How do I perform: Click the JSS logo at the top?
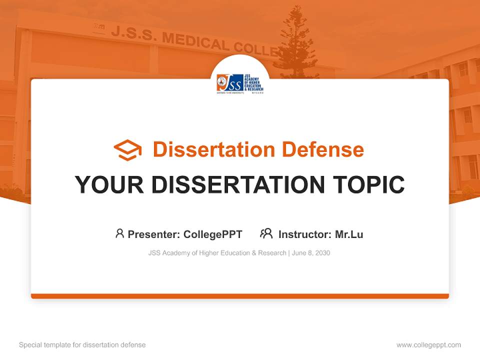point(240,83)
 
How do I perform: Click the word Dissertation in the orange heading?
point(214,149)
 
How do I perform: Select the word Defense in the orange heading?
point(322,149)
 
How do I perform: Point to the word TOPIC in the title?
point(370,184)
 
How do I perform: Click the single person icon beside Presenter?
point(119,233)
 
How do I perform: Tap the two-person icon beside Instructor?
point(266,233)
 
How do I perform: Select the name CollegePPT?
point(213,234)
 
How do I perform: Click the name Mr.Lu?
point(349,234)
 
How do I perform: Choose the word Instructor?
point(304,234)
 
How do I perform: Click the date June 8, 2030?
point(311,253)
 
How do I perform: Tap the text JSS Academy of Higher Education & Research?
point(217,253)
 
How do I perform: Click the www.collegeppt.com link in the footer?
point(428,345)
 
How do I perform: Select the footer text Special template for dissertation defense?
point(82,345)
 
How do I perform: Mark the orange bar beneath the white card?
point(240,296)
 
